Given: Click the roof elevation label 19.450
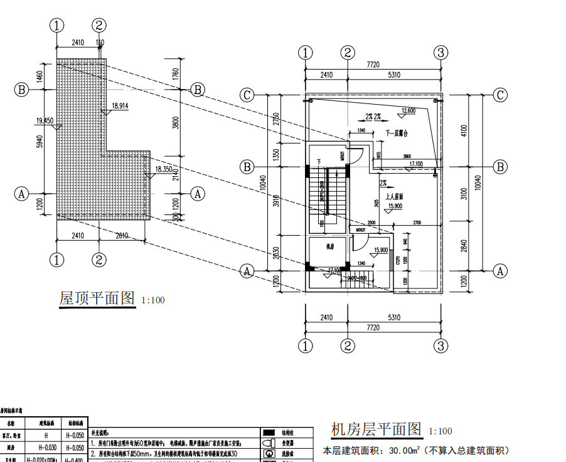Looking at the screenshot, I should point(45,120).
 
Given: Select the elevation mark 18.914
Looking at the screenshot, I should point(120,106).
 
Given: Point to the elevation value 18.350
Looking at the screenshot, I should point(163,169).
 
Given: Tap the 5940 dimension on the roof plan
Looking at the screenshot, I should point(40,141).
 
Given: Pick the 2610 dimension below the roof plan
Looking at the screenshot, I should point(124,236).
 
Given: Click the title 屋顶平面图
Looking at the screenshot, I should point(97,298).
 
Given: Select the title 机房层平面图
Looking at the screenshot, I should point(376,429).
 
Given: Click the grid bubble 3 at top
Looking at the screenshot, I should point(441,52).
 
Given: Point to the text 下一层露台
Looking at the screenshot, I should point(396,134).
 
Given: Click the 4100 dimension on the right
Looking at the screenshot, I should point(480,131).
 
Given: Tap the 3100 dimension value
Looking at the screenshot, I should point(480,194).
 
